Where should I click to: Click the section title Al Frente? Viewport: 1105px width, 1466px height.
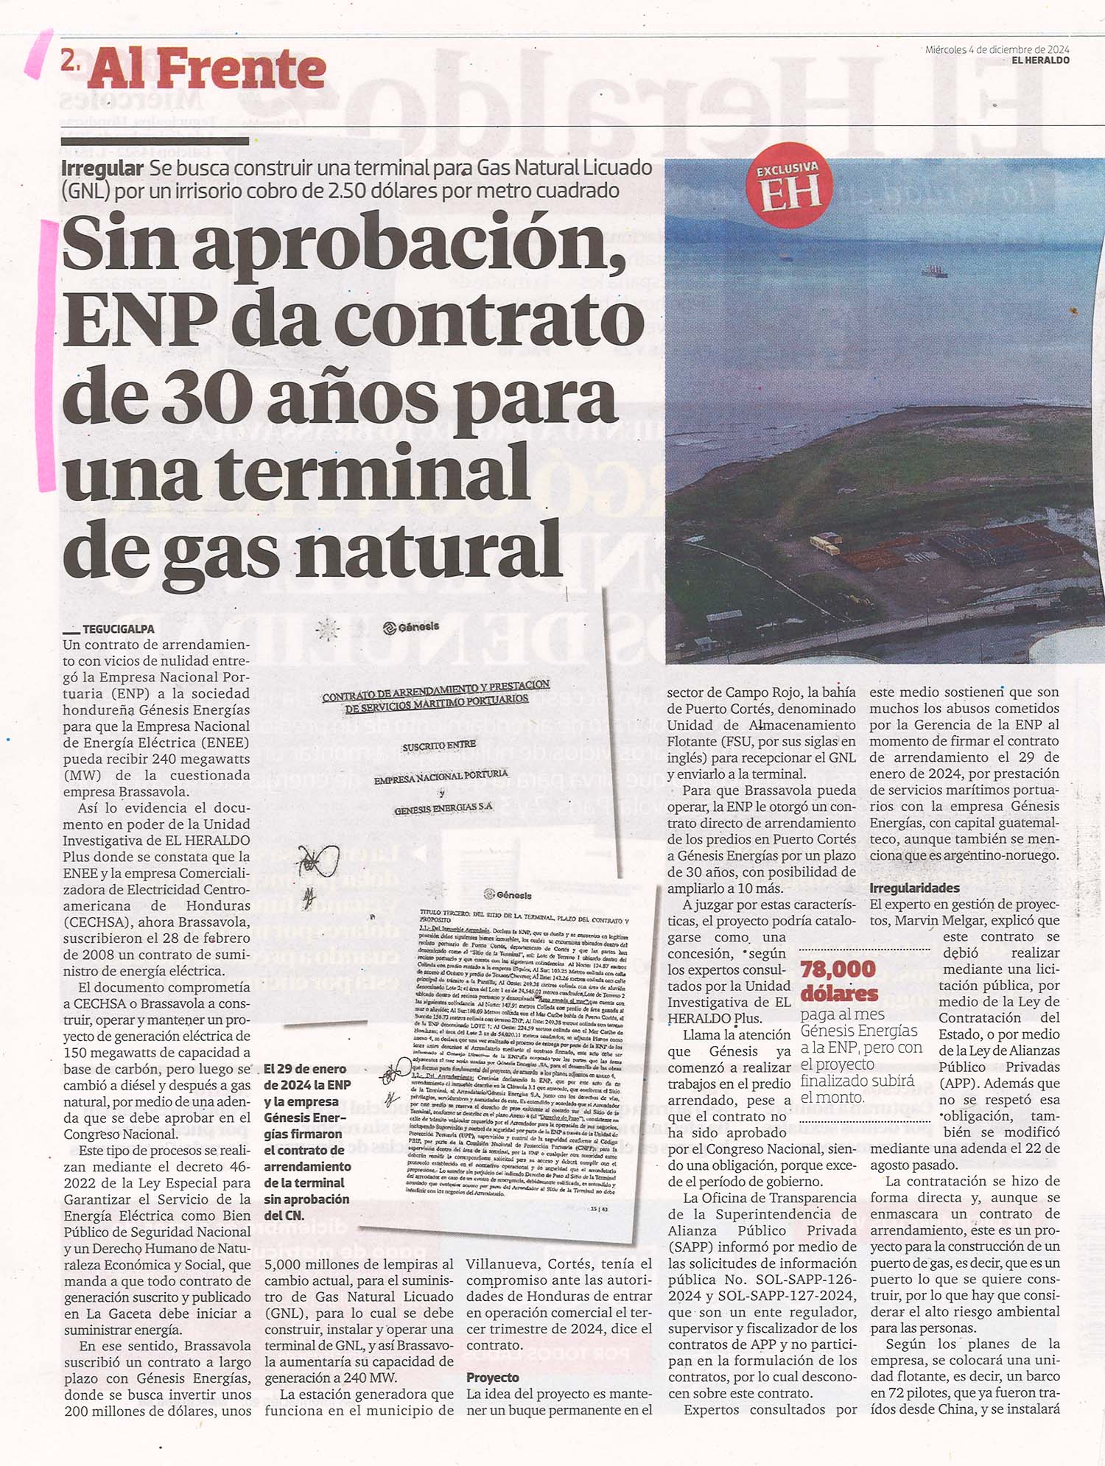[x=207, y=71]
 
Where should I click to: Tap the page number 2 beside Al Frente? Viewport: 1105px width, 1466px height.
[x=70, y=63]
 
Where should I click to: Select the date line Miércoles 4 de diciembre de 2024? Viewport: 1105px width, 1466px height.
[x=997, y=50]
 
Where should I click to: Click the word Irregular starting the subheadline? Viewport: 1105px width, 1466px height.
[x=102, y=168]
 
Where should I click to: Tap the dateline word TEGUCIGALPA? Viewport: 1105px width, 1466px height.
[x=118, y=629]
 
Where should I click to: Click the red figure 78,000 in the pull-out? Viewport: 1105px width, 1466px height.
[x=838, y=969]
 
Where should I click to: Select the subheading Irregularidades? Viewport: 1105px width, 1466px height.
[x=914, y=888]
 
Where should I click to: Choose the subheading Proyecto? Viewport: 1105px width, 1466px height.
[x=492, y=1377]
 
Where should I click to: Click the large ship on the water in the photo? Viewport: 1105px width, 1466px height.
[x=934, y=270]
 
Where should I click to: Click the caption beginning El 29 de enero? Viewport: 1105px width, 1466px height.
[x=306, y=1141]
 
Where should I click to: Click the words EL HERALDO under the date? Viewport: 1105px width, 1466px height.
[x=1040, y=60]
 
